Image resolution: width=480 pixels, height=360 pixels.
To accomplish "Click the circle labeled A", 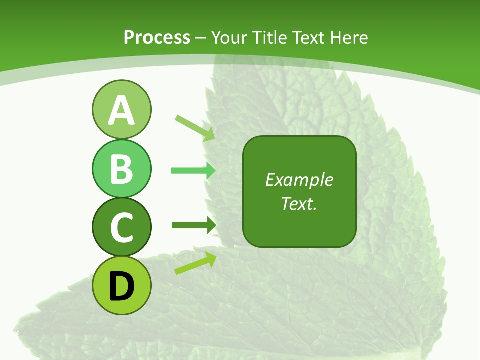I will (121, 109).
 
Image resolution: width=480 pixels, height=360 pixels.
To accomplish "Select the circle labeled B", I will (121, 168).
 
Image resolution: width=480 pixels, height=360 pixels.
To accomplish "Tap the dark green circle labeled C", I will (121, 227).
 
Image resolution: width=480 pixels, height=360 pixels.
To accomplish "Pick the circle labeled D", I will (121, 285).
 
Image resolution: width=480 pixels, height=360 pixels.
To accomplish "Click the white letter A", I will (121, 110).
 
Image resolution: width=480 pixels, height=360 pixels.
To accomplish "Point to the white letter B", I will (121, 169).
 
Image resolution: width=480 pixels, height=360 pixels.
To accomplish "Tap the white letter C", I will (121, 227).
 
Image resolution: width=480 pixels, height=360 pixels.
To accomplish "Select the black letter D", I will (121, 286).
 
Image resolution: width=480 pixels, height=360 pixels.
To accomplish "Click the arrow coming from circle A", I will (195, 127).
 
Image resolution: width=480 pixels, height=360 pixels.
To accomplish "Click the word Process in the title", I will (157, 37).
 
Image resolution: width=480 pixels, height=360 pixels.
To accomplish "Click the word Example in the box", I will (299, 180).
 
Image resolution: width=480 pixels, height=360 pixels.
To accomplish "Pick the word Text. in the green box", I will (299, 203).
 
